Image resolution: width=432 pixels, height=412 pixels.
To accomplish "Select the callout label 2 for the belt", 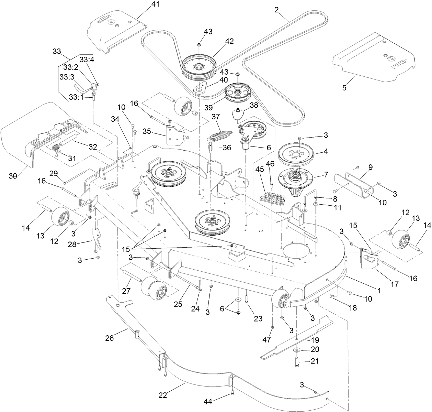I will point(276,10).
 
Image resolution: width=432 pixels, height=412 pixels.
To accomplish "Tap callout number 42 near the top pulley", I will point(229,41).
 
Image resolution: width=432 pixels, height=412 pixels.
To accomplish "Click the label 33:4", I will point(87,59).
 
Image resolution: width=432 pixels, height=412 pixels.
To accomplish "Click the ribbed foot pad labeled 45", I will point(271,199).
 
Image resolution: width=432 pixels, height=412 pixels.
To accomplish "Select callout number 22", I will point(162,395).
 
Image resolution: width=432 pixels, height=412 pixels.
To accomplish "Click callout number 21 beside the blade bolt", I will point(315,361).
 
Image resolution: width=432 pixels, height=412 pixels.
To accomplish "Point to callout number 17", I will point(394,284).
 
